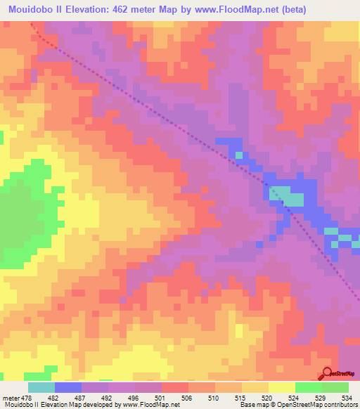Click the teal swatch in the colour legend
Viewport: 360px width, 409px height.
41,387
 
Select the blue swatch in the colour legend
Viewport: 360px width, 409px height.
67,387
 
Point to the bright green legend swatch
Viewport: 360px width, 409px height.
307,387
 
